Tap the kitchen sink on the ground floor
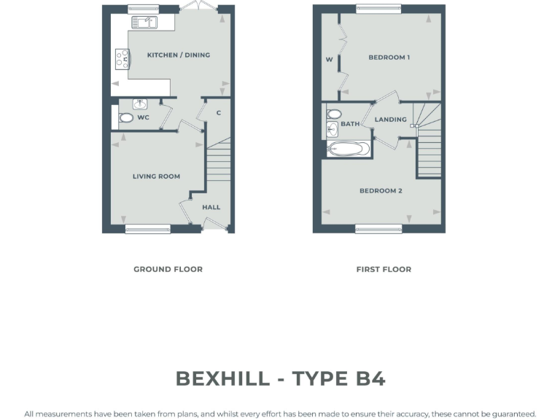[143, 23]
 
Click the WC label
[143, 117]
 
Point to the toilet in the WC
[126, 117]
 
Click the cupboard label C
[218, 112]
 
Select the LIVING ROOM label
[156, 176]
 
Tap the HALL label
[211, 207]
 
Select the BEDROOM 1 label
[389, 58]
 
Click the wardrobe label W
[329, 60]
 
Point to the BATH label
[350, 124]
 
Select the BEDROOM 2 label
[381, 191]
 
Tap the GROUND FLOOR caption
[168, 269]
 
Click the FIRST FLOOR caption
[384, 269]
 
